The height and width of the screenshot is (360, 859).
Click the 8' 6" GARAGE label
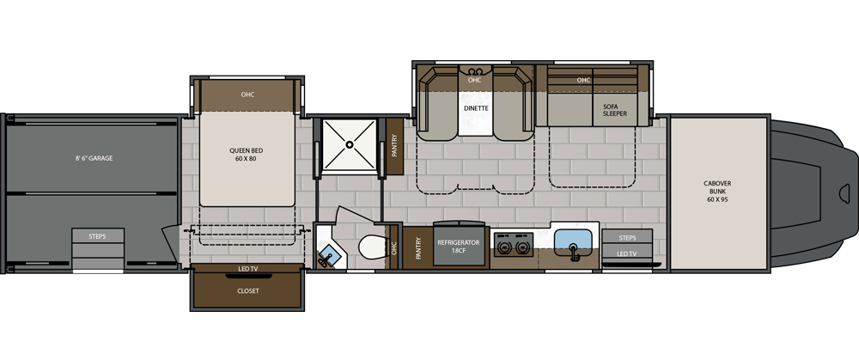[94, 158]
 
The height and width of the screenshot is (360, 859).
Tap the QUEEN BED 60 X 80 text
[243, 154]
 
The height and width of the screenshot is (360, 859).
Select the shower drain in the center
[349, 144]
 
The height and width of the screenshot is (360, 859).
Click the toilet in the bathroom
[373, 246]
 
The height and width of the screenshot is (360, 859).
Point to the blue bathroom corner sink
[330, 254]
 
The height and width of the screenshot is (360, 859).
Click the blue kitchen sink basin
[572, 240]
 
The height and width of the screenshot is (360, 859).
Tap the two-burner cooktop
[514, 244]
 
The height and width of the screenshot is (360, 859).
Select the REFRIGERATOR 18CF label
[459, 246]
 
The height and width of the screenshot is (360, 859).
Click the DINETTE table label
[476, 108]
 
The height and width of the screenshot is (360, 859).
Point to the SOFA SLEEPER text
[615, 110]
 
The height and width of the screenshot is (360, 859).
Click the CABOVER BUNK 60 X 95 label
[717, 192]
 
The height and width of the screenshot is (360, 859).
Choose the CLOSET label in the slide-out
[247, 291]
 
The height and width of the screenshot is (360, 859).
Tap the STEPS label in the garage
[98, 237]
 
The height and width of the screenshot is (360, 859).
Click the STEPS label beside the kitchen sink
[627, 238]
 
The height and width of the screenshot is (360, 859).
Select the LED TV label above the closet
[247, 269]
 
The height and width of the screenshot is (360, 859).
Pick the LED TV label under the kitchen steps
[627, 253]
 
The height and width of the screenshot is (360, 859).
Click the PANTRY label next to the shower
[394, 146]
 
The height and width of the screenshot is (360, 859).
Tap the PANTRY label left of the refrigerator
[418, 247]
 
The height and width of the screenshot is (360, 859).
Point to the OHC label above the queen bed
[247, 95]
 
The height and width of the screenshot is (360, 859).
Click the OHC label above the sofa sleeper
[583, 80]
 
